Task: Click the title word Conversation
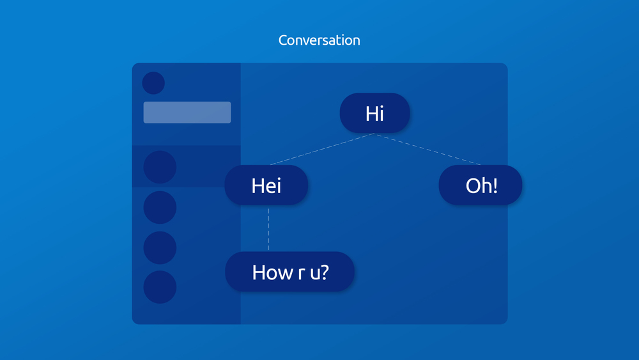tap(319, 40)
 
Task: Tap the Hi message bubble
tap(374, 113)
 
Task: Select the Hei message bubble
tap(266, 185)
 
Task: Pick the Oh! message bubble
tap(481, 185)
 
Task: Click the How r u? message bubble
tap(289, 272)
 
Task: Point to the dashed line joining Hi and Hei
tap(322, 149)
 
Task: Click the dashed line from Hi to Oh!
tap(428, 149)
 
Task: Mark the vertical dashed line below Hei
tap(268, 229)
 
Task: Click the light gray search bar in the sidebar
tap(187, 112)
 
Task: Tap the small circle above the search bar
tap(153, 82)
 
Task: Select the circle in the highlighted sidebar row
tap(160, 167)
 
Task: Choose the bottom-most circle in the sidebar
tap(160, 287)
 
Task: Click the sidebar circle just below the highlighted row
tap(160, 207)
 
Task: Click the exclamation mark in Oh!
tap(495, 185)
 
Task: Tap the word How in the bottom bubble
tap(272, 272)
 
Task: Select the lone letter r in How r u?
tap(302, 274)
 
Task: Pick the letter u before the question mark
tap(315, 274)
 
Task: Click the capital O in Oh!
tap(472, 186)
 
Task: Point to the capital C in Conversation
tap(283, 40)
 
